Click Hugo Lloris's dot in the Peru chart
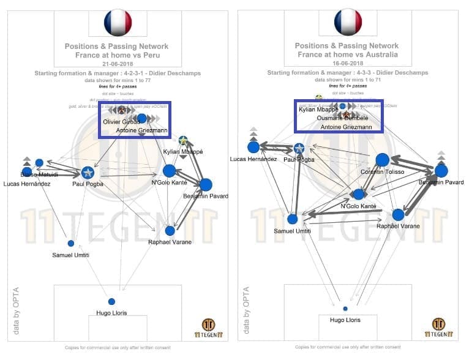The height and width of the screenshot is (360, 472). tap(111, 301)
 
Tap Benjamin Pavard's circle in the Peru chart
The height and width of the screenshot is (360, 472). tap(206, 184)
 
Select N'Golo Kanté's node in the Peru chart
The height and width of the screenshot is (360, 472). tap(170, 171)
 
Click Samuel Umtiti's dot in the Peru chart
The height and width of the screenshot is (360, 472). tap(71, 243)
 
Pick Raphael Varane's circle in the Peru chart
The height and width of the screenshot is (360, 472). tap(170, 231)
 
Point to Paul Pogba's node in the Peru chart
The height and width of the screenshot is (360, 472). tap(88, 173)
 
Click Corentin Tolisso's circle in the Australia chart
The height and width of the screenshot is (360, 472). tap(382, 160)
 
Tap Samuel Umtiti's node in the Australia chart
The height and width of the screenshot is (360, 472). tap(293, 219)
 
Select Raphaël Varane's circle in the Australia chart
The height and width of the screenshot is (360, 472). tap(399, 214)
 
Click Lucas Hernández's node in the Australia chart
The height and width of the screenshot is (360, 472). tap(253, 147)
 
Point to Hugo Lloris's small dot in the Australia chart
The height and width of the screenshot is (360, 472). tap(345, 309)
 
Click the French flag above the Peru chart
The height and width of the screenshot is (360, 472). tap(118, 23)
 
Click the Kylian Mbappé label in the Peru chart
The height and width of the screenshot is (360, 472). tap(183, 151)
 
